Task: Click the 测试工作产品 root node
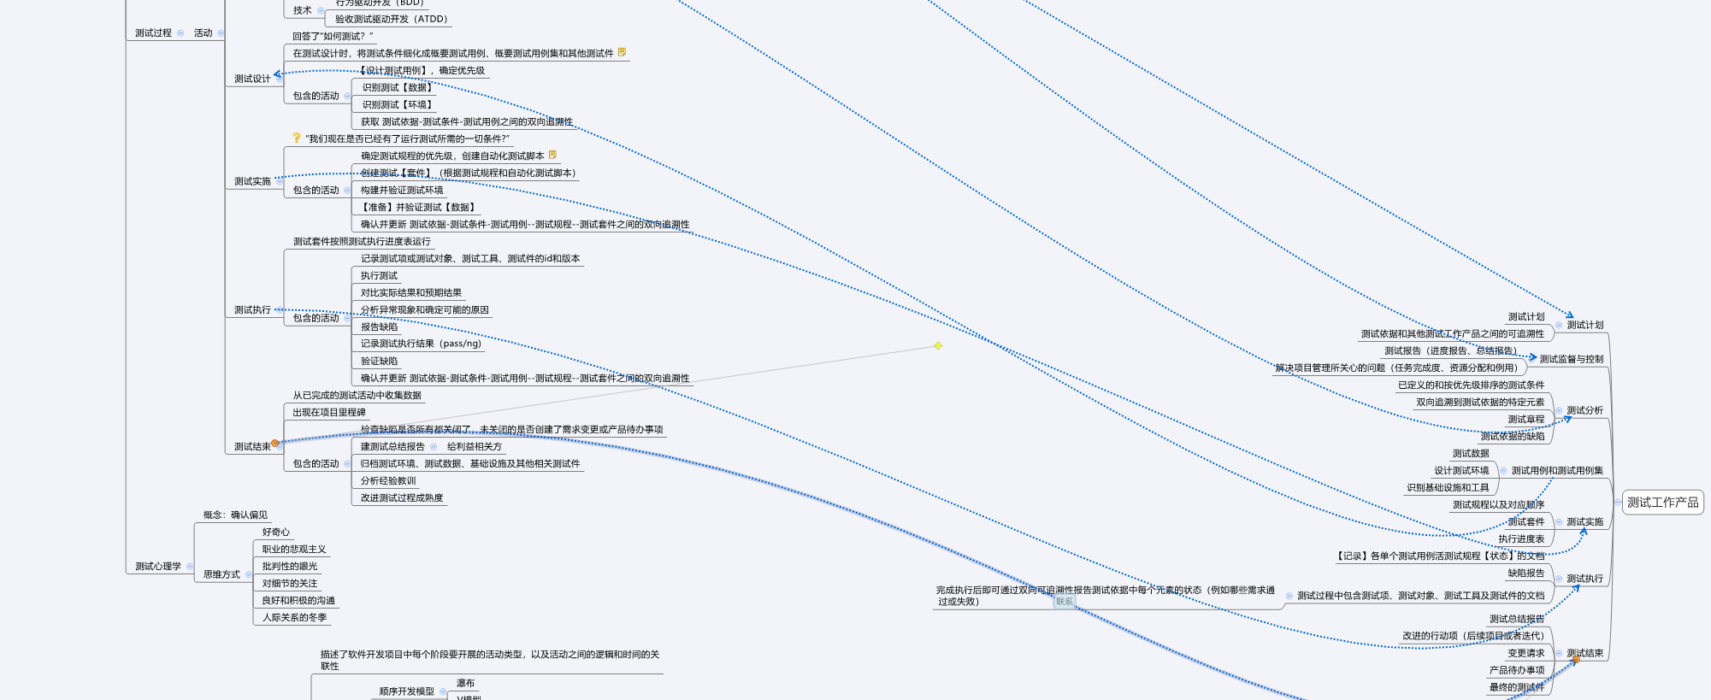(x=1662, y=503)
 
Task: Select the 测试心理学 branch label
(x=158, y=566)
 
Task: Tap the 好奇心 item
(x=275, y=532)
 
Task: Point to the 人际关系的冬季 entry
(x=294, y=617)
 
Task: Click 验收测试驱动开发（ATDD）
(x=391, y=19)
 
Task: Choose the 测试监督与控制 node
(x=1572, y=359)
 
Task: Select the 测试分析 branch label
(x=1584, y=410)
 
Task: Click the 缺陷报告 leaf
(x=1525, y=573)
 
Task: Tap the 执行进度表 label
(x=1521, y=538)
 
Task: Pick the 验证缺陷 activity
(x=379, y=361)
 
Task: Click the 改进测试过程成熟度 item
(x=402, y=497)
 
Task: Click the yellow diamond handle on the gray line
(x=938, y=345)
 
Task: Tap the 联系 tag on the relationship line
(x=1065, y=601)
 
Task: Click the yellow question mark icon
(x=296, y=138)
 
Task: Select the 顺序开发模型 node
(x=407, y=691)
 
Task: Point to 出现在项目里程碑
(x=329, y=412)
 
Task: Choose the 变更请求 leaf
(x=1525, y=653)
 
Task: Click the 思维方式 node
(x=221, y=574)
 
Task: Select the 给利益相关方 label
(x=475, y=446)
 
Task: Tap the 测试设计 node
(x=252, y=79)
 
